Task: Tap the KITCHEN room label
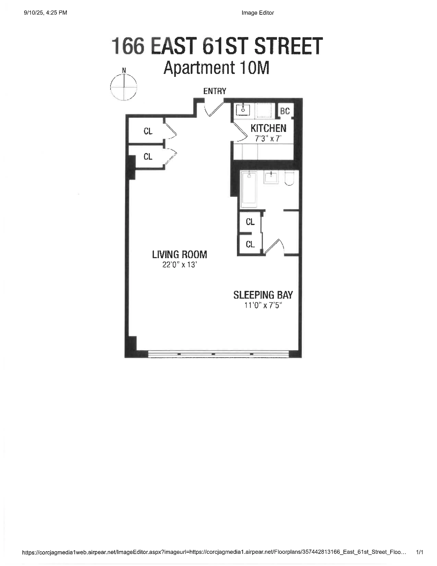(269, 128)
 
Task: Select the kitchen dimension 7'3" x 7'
(268, 139)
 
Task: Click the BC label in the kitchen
(285, 111)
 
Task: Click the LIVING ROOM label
(179, 255)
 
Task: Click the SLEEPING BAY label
(263, 295)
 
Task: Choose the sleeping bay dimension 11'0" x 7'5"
(263, 305)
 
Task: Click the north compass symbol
(124, 87)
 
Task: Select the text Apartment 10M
(216, 68)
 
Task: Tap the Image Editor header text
(258, 13)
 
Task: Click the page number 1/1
(419, 552)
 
